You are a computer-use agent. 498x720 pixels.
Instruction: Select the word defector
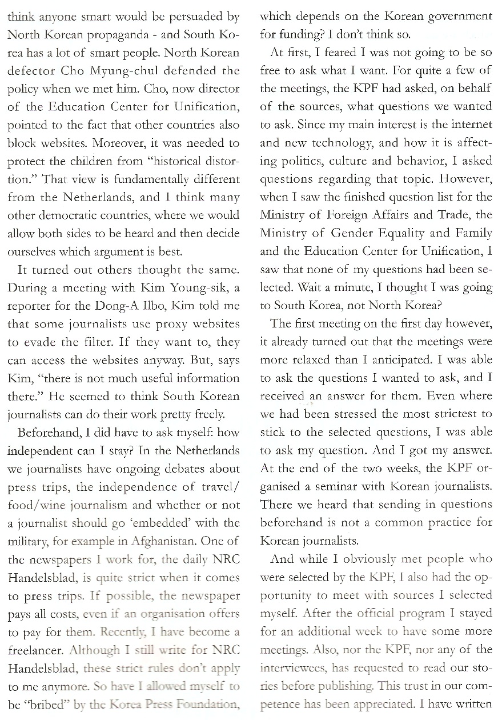[31, 71]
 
